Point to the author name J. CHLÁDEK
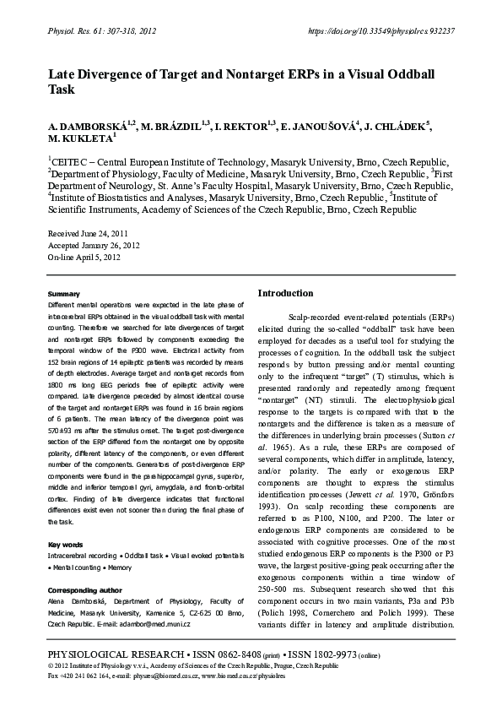click(397, 126)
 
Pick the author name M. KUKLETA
click(79, 138)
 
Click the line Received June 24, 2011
click(89, 232)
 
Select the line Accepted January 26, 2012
click(94, 245)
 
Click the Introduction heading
click(285, 293)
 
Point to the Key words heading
click(66, 544)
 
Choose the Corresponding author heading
click(84, 589)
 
